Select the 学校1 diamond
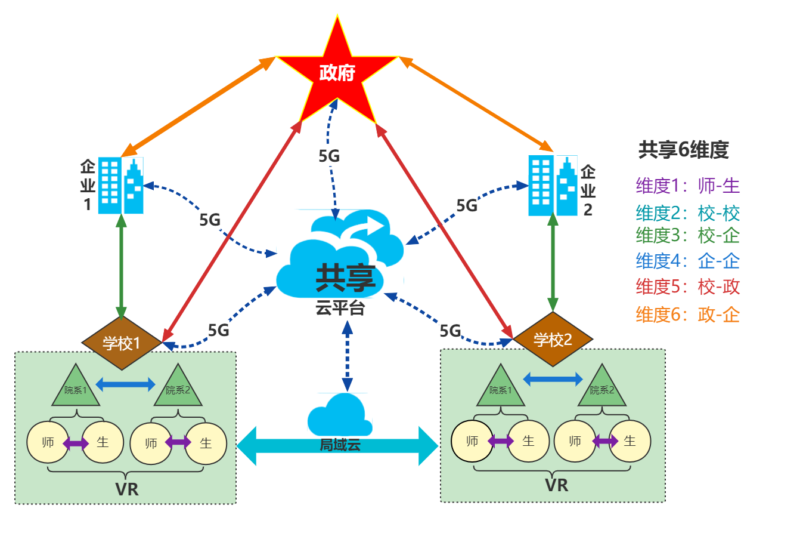[x=122, y=343]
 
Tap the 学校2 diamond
[x=553, y=340]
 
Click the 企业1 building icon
[x=120, y=186]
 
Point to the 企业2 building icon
[x=553, y=186]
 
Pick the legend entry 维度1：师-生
[x=688, y=186]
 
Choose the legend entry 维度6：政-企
[x=688, y=315]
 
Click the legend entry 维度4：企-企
[x=688, y=261]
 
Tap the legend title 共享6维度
[x=684, y=150]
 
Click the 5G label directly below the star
[x=329, y=156]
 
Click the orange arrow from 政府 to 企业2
[x=477, y=103]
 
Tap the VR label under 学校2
[x=557, y=485]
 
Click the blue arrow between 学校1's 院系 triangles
[x=126, y=384]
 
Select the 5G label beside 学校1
[x=218, y=329]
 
